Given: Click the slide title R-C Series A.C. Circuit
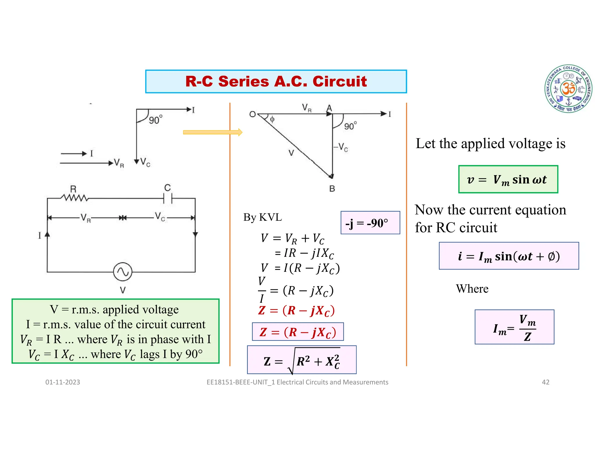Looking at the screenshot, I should pos(276,81).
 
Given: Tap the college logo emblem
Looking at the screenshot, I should pos(568,89).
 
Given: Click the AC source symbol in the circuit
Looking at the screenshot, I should pos(123,272).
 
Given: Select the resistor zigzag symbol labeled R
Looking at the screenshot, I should pos(74,198).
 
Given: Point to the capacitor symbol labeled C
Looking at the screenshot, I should pos(168,198).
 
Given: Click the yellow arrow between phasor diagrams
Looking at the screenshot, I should pos(212,132).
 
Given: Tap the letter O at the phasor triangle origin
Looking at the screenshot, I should pos(252,114).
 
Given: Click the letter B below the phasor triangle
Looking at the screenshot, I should pos(332,189).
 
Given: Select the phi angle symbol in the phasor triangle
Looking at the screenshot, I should pos(272,119).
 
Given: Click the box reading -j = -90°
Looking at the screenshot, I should pos(370,223).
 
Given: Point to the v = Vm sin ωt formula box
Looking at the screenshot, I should pos(508,179).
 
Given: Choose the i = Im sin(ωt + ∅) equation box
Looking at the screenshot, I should pos(509,256).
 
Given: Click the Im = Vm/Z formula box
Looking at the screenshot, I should pos(514,327).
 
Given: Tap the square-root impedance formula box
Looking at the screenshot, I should pos(302,360).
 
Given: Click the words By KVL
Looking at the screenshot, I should pos(262,217).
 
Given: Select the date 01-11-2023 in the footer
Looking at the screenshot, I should pos(62,382).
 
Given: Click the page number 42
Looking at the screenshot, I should pos(546,382).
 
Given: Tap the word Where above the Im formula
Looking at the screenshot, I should pos(472,289).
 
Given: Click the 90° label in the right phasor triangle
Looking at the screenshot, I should pos(350,126).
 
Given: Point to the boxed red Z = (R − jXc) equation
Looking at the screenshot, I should pos(298,332).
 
